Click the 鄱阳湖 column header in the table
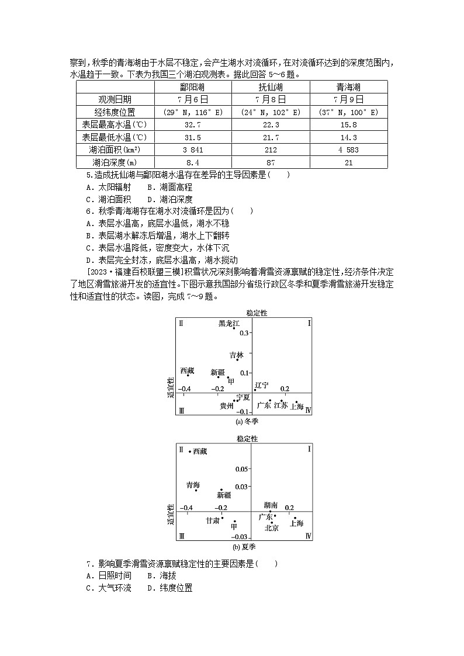click(193, 87)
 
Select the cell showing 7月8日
click(271, 100)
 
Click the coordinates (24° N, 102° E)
click(271, 112)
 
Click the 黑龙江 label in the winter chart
click(230, 322)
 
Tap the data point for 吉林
click(238, 360)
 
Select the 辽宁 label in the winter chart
click(262, 385)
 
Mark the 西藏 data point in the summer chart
click(189, 452)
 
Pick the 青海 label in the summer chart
click(193, 485)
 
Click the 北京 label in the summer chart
click(271, 527)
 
